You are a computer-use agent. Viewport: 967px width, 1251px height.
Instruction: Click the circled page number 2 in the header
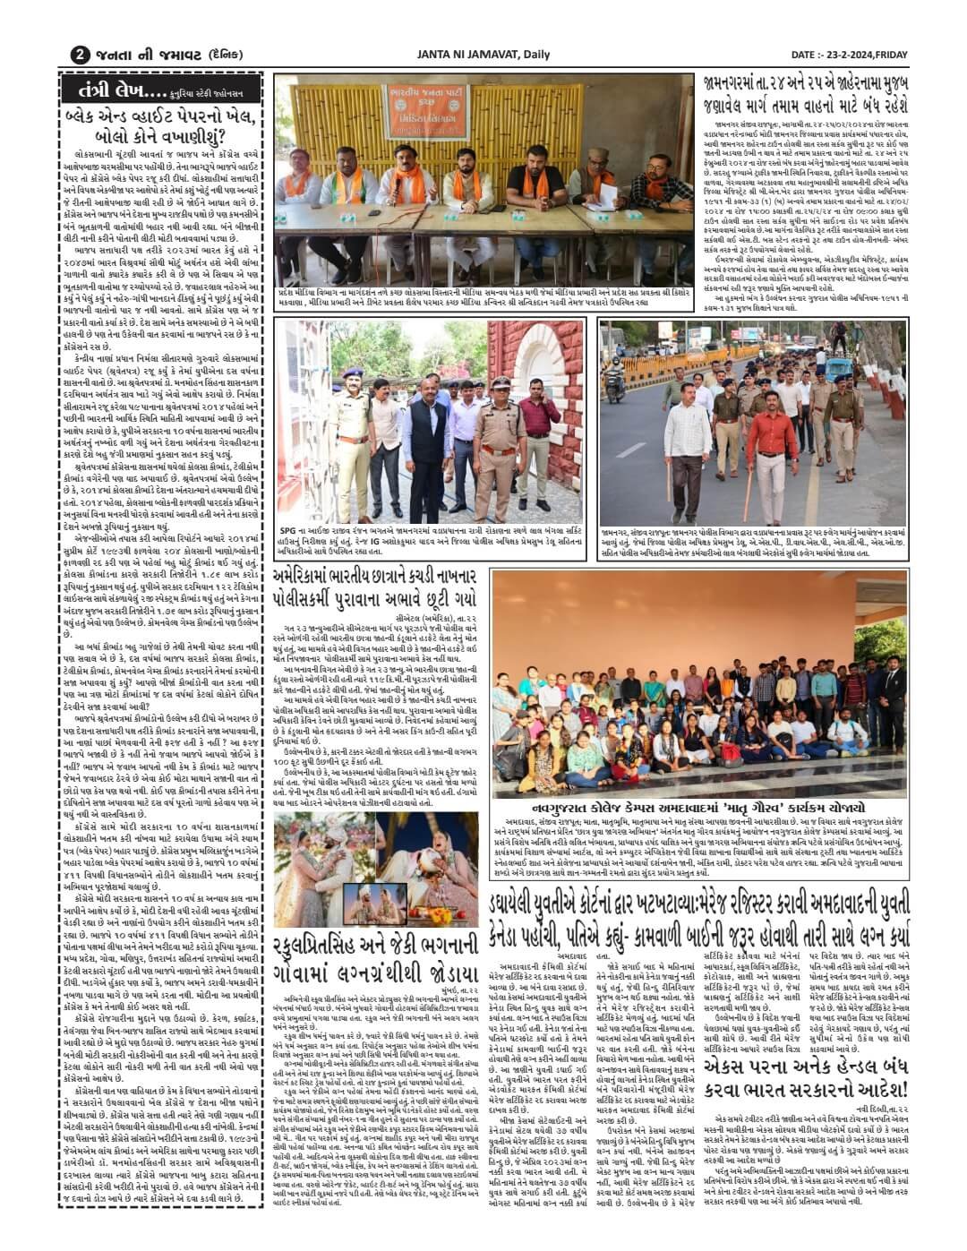tap(80, 54)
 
